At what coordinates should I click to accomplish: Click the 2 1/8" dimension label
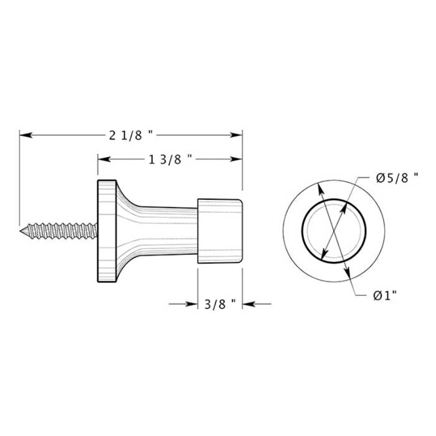(131, 135)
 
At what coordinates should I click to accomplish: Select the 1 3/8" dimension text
(170, 159)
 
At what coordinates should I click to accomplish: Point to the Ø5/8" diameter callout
(396, 178)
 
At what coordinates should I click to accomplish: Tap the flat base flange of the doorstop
(106, 230)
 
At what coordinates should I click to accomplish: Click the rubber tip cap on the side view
(220, 230)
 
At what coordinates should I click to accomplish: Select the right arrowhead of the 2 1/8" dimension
(237, 135)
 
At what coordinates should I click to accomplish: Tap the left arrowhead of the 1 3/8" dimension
(103, 159)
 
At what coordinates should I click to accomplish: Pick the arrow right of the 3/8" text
(247, 304)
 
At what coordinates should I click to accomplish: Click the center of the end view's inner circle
(333, 232)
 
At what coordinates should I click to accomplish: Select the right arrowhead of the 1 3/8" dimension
(237, 159)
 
